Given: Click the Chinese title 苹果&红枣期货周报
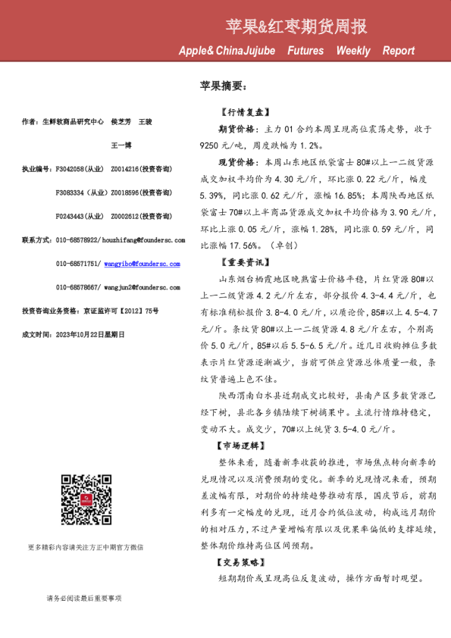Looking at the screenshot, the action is pos(296,27).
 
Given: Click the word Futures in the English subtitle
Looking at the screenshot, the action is pos(305,51).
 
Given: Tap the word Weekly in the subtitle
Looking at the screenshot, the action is pos(353,51).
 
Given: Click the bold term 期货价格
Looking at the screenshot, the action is pos(239,129).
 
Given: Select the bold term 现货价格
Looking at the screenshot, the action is pos(239,162).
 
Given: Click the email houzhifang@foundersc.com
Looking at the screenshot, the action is pos(147,239).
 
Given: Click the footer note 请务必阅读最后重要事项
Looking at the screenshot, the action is pos(83,599).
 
